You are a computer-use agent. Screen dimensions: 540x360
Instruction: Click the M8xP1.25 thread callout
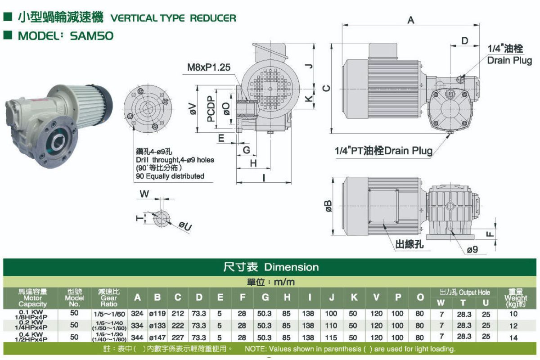tap(209, 67)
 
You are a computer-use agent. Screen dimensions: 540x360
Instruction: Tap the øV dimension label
tap(193, 109)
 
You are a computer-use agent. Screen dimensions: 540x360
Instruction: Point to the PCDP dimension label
tap(211, 109)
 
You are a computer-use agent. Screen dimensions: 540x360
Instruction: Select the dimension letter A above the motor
tap(411, 20)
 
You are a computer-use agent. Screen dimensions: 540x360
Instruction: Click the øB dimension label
tap(328, 207)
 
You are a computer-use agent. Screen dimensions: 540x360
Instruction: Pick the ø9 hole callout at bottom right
tap(472, 249)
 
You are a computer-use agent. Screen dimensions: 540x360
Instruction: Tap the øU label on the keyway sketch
tap(185, 226)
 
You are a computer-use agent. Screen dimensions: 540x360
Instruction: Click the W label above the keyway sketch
tap(144, 193)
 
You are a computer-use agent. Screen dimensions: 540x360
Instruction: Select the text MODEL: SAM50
tap(66, 36)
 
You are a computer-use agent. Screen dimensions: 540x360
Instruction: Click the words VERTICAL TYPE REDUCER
tap(173, 18)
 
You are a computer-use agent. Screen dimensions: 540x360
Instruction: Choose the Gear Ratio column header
tap(109, 298)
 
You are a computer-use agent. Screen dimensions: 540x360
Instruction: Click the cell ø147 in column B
tap(157, 337)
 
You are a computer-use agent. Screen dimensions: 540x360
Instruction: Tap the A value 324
tap(137, 314)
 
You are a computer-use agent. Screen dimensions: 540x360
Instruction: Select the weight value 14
tap(513, 338)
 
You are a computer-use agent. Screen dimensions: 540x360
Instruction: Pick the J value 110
tap(331, 325)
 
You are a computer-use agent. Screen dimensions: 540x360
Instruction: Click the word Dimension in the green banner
tap(292, 267)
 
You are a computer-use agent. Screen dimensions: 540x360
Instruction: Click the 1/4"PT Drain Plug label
tap(383, 151)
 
